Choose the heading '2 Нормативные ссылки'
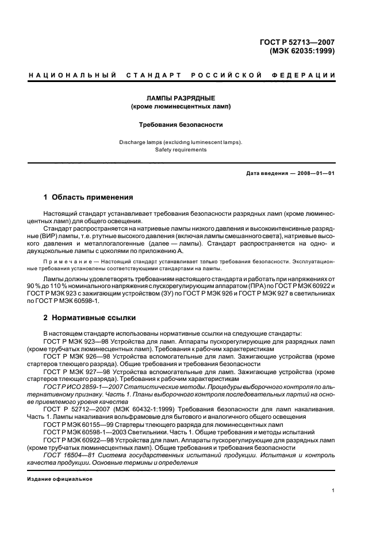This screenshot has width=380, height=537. click(89, 317)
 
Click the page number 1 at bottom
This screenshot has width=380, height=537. click(333, 491)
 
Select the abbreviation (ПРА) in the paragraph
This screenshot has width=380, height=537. click(240, 285)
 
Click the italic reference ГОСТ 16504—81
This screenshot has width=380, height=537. click(74, 454)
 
